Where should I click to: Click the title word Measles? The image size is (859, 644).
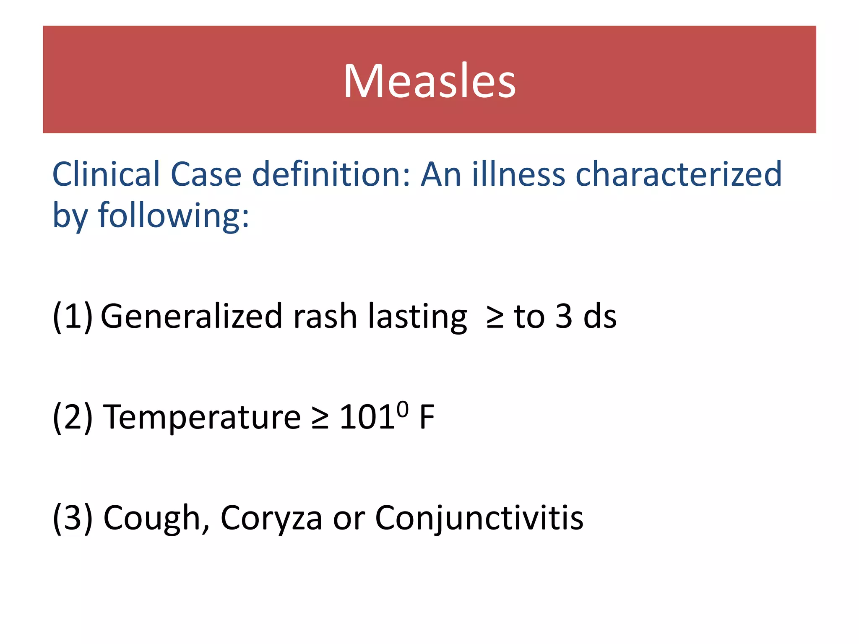click(x=429, y=81)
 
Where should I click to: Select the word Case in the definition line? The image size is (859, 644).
click(x=206, y=174)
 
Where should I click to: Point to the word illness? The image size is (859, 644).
click(x=518, y=174)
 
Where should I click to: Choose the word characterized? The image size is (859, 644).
click(x=678, y=174)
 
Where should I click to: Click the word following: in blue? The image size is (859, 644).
click(x=173, y=216)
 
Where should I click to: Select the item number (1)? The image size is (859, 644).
click(x=72, y=317)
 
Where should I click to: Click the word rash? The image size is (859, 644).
click(x=325, y=317)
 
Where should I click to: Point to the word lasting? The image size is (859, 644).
click(x=417, y=317)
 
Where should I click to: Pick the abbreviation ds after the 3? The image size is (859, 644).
click(x=600, y=317)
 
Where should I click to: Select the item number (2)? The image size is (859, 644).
click(x=72, y=417)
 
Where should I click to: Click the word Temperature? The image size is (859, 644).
click(x=202, y=417)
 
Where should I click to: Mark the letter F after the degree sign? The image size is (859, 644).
click(x=427, y=417)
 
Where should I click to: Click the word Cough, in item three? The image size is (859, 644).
click(x=156, y=518)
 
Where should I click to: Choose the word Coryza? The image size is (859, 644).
click(x=271, y=518)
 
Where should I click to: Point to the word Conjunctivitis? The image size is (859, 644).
click(x=479, y=518)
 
